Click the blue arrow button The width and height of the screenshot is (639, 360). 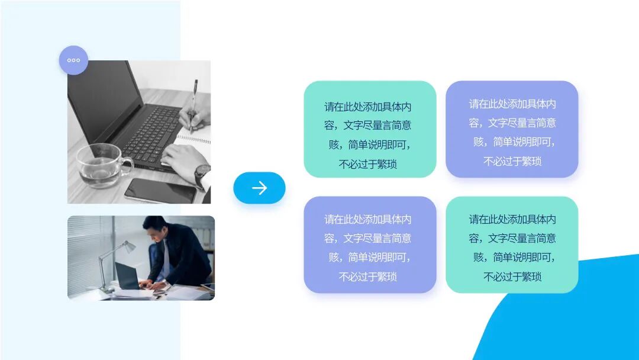click(x=259, y=188)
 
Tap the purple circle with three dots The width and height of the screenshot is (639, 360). click(x=73, y=60)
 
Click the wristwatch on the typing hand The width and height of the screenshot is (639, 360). click(x=202, y=175)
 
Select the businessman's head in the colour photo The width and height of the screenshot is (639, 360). click(x=155, y=228)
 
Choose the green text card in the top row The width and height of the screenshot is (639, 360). click(x=370, y=129)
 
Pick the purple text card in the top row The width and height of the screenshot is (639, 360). click(x=512, y=129)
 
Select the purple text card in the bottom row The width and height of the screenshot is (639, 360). click(x=370, y=245)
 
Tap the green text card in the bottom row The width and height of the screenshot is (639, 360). click(x=512, y=245)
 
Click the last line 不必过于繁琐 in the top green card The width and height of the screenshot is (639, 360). click(x=367, y=164)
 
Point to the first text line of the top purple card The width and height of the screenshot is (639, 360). click(x=512, y=104)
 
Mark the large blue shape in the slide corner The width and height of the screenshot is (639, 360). click(x=568, y=314)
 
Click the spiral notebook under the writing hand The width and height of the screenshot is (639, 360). click(x=195, y=139)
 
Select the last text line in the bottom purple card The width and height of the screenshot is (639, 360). click(x=367, y=277)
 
